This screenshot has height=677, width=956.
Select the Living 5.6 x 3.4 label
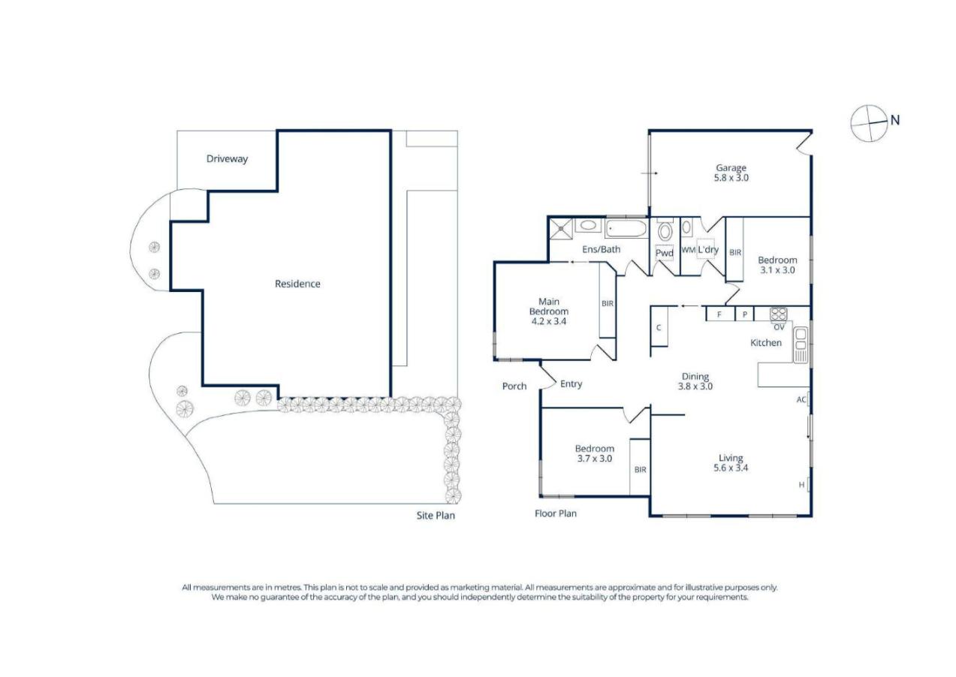[730, 462]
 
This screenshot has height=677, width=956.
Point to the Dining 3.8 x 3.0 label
[695, 381]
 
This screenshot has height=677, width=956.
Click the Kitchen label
[766, 343]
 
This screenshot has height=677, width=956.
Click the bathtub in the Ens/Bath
[625, 227]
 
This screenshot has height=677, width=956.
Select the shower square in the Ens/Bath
[560, 227]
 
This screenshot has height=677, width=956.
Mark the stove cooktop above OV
[777, 314]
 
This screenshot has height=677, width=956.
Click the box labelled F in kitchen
[719, 315]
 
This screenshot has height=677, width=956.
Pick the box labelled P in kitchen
[744, 315]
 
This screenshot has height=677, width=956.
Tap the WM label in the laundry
[688, 250]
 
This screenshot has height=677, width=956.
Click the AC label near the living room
[801, 400]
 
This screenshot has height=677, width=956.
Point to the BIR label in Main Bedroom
[607, 303]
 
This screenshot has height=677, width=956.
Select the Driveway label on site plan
[227, 159]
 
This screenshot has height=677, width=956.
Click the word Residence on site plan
[297, 284]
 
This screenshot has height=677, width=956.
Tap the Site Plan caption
[436, 516]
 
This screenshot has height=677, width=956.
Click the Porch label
[514, 387]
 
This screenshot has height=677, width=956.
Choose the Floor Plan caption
[555, 513]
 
